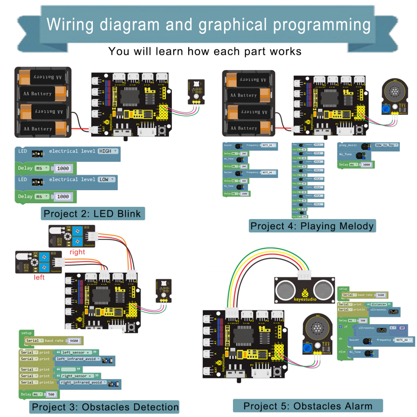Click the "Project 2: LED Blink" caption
92,213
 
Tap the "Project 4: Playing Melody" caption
312,226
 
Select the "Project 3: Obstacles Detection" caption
105,406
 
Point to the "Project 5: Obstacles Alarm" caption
308,406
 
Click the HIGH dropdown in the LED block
108,151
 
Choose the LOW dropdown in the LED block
106,180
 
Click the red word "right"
77,252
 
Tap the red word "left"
40,277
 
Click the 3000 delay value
366,165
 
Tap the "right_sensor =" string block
78,376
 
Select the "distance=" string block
378,304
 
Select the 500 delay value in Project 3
51,394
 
